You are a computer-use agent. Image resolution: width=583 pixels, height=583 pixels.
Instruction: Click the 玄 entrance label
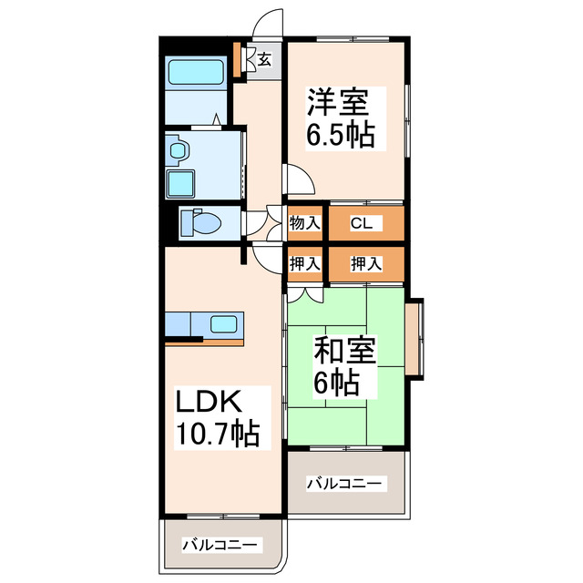click(263, 60)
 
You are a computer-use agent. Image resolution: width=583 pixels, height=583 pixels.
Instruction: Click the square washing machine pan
click(180, 184)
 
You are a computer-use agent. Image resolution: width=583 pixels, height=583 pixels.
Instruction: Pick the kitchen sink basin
click(223, 322)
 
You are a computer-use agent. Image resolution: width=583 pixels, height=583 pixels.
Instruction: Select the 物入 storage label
click(304, 222)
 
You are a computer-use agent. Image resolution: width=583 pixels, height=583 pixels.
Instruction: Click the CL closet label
click(360, 222)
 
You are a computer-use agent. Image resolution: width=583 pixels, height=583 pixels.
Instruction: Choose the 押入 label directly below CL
click(365, 263)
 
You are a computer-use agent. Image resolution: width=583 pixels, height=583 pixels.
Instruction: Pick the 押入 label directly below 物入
click(304, 263)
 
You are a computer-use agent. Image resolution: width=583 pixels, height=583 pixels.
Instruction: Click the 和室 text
click(345, 349)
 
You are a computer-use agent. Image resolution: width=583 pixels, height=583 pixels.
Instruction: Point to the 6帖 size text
click(337, 382)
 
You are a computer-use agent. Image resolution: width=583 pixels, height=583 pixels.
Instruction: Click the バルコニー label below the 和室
click(346, 483)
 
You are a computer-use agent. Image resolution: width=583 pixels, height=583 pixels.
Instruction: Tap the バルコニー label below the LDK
click(221, 545)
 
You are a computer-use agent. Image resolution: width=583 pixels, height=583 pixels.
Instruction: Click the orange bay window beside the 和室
click(414, 338)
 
